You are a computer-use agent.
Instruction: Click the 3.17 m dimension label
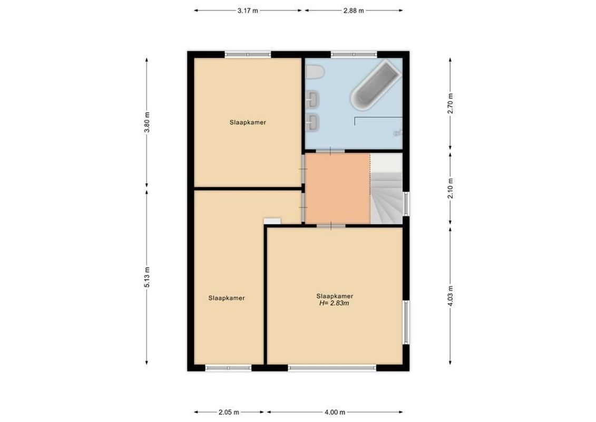tap(248, 11)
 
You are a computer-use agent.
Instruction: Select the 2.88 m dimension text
tap(354, 11)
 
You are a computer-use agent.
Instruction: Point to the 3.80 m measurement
tap(147, 122)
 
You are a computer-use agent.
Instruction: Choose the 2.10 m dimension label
tap(450, 188)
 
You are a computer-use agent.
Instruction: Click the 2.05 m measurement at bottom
tap(229, 412)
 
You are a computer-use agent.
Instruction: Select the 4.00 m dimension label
tap(335, 412)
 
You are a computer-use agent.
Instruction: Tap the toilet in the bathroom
tap(315, 72)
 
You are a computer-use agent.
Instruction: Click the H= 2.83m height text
tap(335, 303)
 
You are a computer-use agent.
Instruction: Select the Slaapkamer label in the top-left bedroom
tap(247, 122)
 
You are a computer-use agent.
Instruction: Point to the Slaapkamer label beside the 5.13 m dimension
tap(226, 298)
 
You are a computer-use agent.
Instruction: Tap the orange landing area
tap(337, 188)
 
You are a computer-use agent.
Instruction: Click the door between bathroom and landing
tap(330, 151)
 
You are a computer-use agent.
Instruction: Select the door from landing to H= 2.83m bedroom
tap(330, 226)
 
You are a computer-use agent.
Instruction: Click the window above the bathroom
tap(354, 54)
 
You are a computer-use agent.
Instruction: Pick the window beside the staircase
tap(406, 204)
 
